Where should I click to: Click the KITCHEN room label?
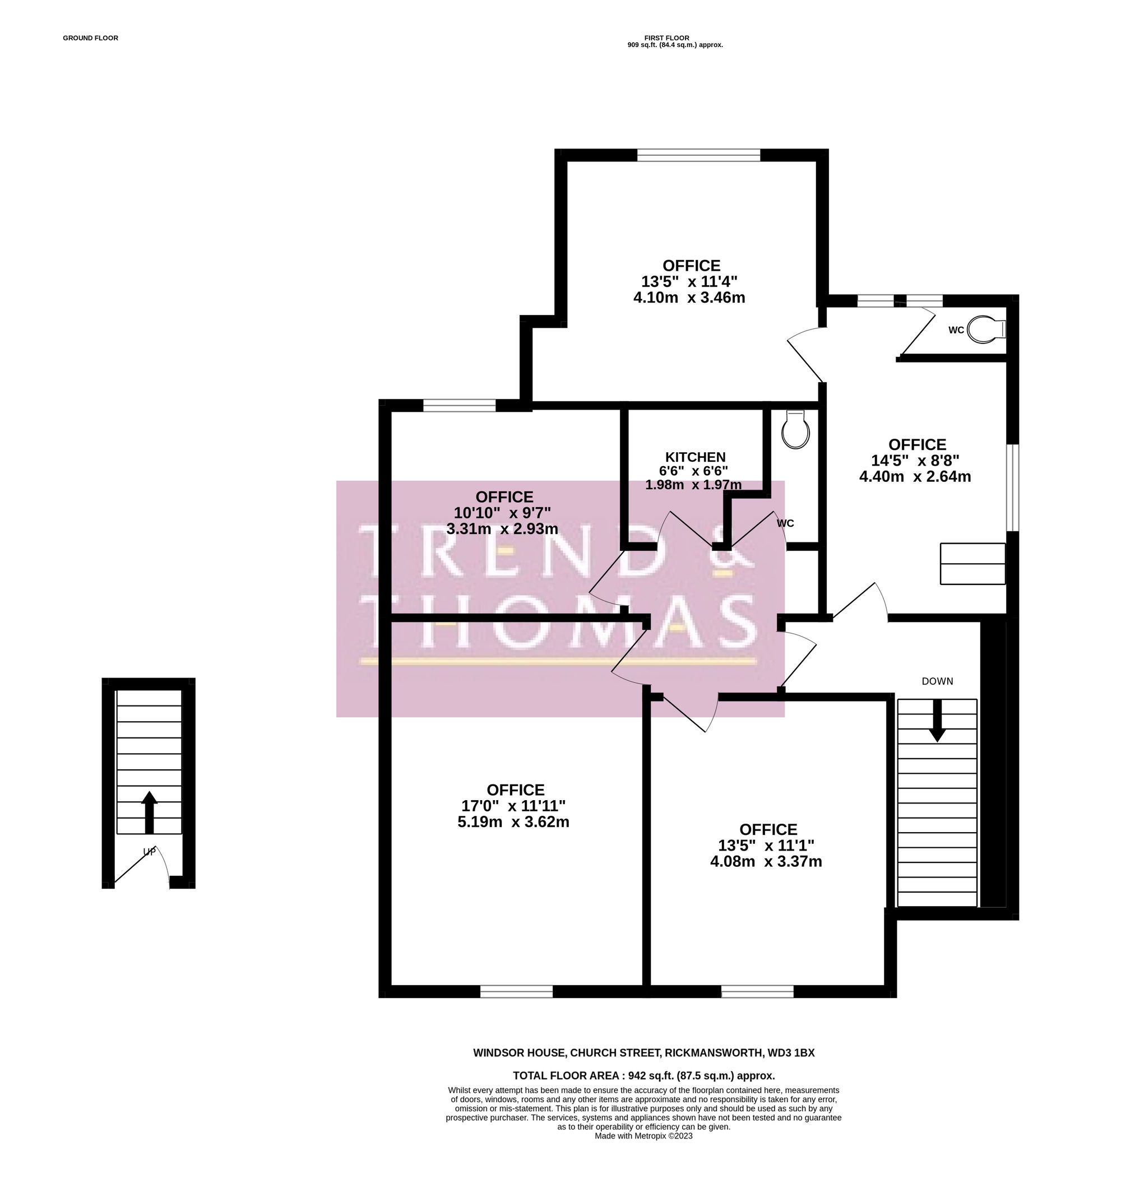695,457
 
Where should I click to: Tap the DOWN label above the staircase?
937,681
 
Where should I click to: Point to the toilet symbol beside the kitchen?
795,429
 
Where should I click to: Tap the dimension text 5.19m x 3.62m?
513,822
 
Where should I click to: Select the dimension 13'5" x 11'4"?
689,281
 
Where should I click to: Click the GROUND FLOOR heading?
90,38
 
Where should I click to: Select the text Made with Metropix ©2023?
643,1136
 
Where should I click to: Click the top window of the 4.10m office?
698,155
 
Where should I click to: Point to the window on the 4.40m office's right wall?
1012,487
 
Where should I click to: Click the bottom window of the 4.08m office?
757,991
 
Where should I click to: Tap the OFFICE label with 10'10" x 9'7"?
504,497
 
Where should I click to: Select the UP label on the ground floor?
149,852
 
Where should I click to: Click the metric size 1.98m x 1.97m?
693,485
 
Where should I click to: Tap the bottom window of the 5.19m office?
516,991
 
